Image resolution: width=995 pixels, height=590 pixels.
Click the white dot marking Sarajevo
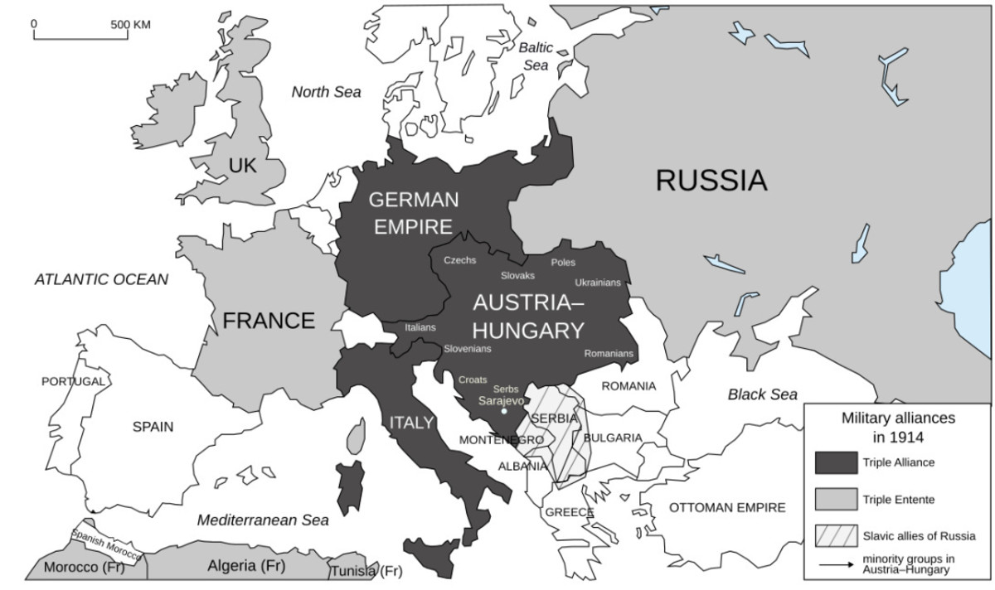(504, 411)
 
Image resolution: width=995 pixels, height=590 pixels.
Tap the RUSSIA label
(711, 180)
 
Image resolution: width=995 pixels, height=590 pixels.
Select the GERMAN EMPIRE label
(413, 213)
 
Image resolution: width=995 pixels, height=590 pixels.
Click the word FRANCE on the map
(269, 321)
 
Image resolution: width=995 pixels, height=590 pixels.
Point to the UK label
(243, 167)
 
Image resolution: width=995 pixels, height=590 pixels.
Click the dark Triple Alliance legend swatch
(835, 462)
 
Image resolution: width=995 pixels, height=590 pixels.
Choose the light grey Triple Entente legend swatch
(835, 499)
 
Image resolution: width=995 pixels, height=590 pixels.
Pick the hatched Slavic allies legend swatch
(835, 535)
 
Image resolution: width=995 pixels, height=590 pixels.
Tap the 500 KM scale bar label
(130, 24)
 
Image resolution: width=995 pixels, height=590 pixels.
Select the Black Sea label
(762, 394)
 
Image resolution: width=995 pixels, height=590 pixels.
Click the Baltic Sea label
(536, 56)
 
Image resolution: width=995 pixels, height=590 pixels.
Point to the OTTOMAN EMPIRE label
(727, 507)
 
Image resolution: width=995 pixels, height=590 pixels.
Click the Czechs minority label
(460, 260)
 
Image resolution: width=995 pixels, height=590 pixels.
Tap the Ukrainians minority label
(597, 283)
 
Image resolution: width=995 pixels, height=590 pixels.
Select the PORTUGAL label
(74, 381)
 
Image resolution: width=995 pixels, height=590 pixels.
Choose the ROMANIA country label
(629, 386)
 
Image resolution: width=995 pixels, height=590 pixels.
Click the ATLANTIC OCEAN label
(101, 279)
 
